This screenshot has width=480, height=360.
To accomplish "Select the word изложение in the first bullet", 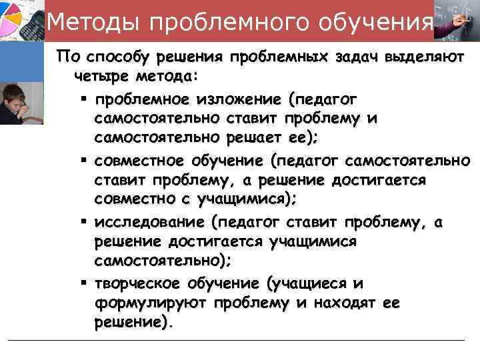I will [x=239, y=99].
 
